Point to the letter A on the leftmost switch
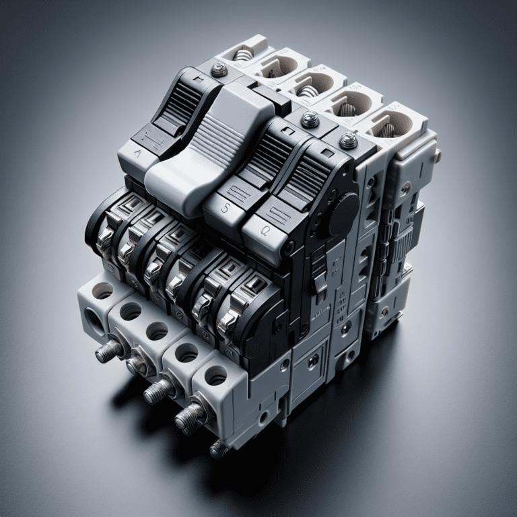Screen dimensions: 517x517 click(x=139, y=151)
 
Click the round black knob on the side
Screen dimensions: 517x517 click(x=343, y=214)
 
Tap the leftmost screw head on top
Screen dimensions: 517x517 click(x=219, y=70)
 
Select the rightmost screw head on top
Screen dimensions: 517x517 click(x=348, y=141)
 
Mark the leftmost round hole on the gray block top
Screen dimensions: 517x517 click(x=102, y=290)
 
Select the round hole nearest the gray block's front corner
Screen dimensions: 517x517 click(x=215, y=376)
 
